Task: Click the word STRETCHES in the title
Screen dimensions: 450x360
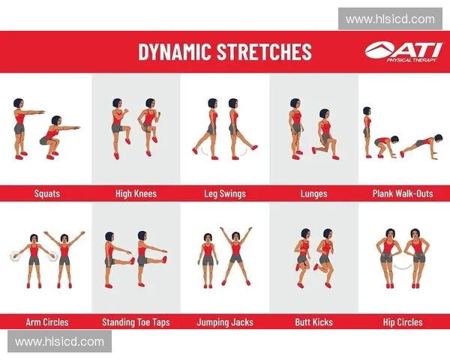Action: pyautogui.click(x=264, y=52)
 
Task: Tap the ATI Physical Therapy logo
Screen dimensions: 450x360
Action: pyautogui.click(x=403, y=52)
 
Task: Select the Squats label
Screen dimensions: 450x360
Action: pyautogui.click(x=47, y=193)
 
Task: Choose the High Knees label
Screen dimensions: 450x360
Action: pyautogui.click(x=136, y=193)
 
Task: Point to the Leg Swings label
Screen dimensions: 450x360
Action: pyautogui.click(x=225, y=193)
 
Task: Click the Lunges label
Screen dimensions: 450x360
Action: pyautogui.click(x=314, y=193)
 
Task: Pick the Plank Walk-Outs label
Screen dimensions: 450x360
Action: pyautogui.click(x=403, y=193)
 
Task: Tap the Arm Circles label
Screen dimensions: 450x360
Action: pyautogui.click(x=47, y=322)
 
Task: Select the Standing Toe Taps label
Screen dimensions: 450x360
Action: pyautogui.click(x=136, y=322)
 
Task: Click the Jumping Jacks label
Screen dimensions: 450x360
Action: pyautogui.click(x=225, y=322)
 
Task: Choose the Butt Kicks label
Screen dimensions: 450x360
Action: pyautogui.click(x=314, y=322)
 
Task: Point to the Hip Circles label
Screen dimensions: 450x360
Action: pyautogui.click(x=403, y=322)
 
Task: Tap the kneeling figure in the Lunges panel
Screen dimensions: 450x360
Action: pyautogui.click(x=325, y=134)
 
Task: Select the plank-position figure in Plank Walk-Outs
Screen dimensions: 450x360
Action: pyautogui.click(x=420, y=146)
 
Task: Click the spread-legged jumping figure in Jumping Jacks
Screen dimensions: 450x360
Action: pyautogui.click(x=236, y=256)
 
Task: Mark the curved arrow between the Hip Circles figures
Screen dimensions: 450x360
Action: pyautogui.click(x=403, y=267)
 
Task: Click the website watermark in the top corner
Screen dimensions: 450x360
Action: pyautogui.click(x=390, y=19)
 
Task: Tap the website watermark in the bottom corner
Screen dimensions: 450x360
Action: pyautogui.click(x=60, y=341)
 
